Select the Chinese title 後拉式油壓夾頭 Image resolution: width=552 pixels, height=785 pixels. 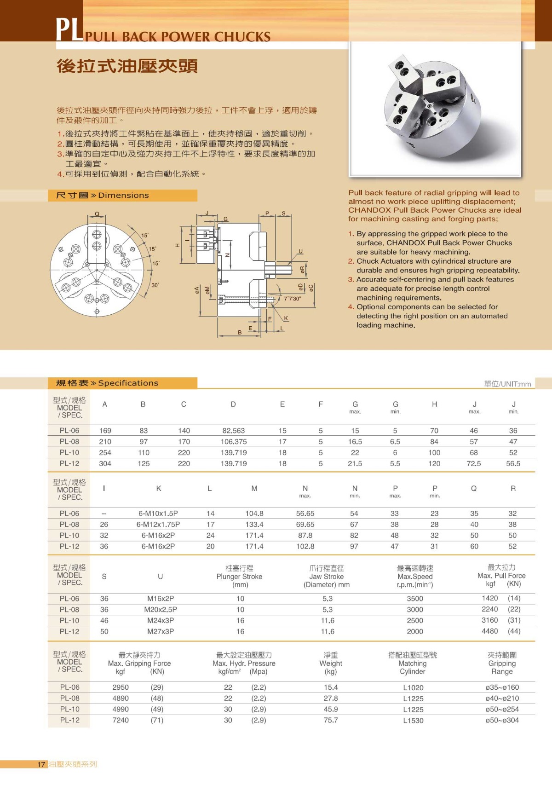(127, 66)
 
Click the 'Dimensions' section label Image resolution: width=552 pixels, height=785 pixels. (123, 196)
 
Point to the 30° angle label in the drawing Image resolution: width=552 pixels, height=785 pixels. (155, 285)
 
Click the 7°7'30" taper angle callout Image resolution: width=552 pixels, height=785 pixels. (293, 299)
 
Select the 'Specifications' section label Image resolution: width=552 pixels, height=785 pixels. (128, 383)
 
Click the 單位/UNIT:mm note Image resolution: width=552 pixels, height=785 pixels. (507, 384)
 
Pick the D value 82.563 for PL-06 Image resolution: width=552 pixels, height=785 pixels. (233, 431)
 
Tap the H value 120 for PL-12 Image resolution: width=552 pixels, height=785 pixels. (434, 464)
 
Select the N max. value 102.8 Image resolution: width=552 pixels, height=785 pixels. (305, 547)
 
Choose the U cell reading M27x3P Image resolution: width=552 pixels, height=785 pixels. (161, 632)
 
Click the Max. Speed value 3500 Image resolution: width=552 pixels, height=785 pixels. (415, 599)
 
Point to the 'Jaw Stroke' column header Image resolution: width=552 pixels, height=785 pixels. (327, 577)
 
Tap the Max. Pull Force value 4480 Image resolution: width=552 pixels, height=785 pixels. (489, 631)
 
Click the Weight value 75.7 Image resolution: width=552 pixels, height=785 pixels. (331, 720)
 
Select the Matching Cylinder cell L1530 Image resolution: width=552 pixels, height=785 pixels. (413, 721)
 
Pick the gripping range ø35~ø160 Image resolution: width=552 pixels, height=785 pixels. (502, 687)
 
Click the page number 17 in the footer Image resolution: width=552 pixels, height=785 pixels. (41, 764)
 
